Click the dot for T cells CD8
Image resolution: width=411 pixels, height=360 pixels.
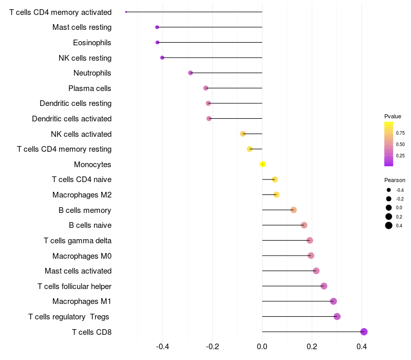tap(364, 332)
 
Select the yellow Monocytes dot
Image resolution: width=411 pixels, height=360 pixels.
tap(263, 164)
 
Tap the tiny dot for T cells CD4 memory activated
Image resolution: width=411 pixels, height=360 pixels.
tap(126, 12)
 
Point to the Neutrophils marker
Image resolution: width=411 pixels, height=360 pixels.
tap(191, 73)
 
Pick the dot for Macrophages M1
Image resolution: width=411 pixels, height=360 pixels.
tap(333, 301)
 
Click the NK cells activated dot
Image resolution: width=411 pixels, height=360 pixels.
tap(243, 134)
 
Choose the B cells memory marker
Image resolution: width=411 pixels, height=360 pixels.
tap(293, 210)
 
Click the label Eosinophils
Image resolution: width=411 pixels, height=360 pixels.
tap(92, 43)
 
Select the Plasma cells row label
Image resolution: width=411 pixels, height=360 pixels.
tap(90, 88)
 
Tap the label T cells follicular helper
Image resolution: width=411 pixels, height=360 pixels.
tap(74, 286)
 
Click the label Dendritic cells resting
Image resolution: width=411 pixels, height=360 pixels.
tap(76, 103)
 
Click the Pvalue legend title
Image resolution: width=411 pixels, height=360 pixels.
tap(393, 116)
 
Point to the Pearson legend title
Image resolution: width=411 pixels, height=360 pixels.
tap(395, 181)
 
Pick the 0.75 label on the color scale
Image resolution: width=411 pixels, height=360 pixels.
tap(400, 133)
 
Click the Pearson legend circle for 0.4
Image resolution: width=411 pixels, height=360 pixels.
tap(389, 225)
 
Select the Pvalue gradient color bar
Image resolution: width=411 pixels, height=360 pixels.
tap(389, 144)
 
